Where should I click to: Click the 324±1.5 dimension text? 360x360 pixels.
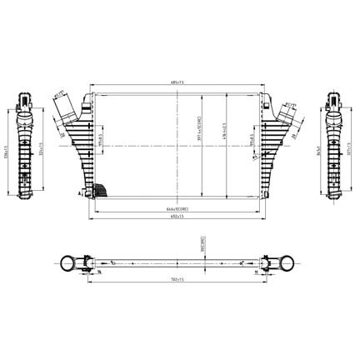[x=42, y=153]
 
